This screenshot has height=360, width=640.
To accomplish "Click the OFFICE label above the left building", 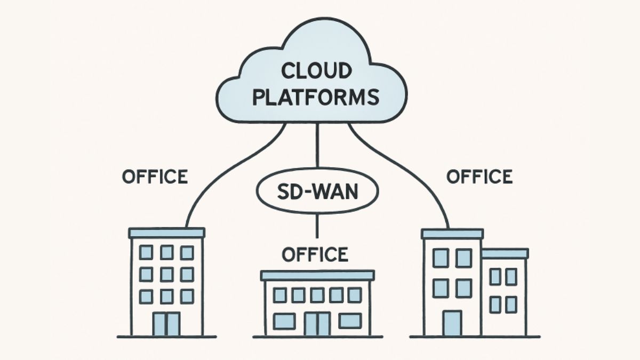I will click(155, 177).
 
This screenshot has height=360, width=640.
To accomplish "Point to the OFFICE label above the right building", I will click(479, 177).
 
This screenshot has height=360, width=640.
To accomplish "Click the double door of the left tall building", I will click(166, 324).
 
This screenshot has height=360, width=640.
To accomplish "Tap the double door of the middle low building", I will click(317, 324).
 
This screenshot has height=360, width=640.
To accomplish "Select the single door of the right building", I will click(452, 323).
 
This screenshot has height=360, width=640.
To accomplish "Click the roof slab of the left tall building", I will click(167, 233).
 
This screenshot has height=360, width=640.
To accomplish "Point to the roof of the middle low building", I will click(317, 275).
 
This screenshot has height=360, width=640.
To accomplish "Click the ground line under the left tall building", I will click(167, 337).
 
